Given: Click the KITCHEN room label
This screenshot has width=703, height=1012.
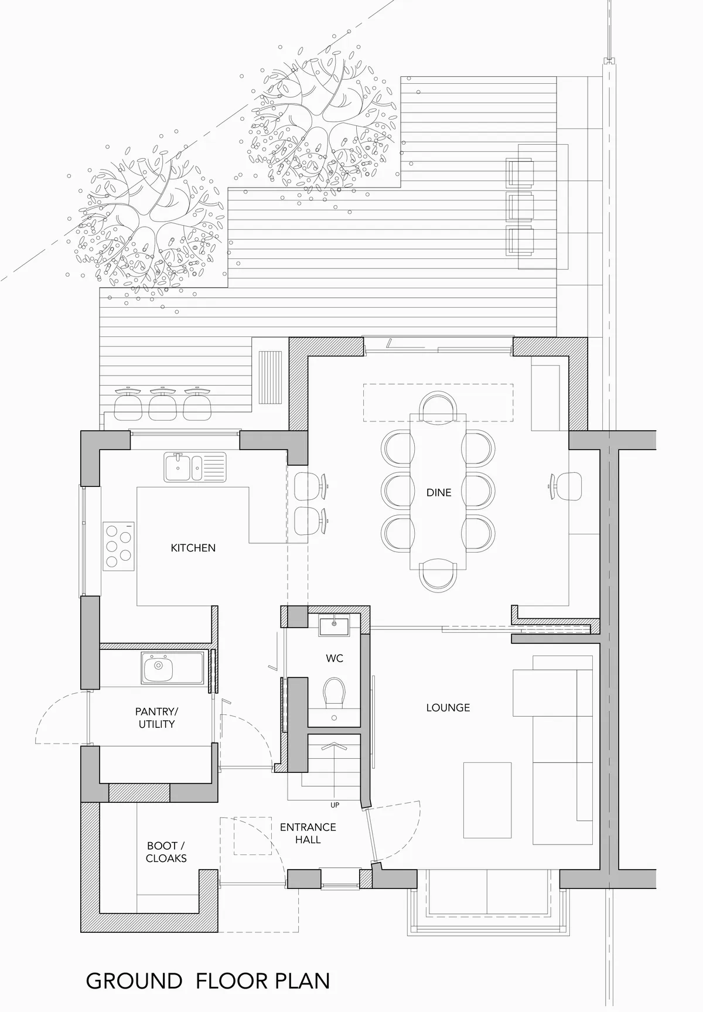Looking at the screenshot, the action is tap(193, 548).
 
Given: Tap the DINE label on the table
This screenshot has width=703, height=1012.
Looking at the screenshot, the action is tap(439, 492).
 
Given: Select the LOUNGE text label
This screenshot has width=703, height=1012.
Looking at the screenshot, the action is tap(448, 707).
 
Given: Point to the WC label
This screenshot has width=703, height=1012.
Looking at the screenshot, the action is tap(335, 658).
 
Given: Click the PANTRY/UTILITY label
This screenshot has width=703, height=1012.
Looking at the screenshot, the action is tap(156, 718).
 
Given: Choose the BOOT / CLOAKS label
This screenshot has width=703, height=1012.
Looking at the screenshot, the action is tap(166, 852).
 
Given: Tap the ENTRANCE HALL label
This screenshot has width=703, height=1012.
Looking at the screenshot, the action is tap(308, 833).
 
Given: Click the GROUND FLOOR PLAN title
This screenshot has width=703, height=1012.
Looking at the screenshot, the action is tap(208, 981).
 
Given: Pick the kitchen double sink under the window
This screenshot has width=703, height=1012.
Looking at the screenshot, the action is tap(194, 467).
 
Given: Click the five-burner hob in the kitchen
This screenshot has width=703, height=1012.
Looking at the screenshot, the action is tap(118, 546).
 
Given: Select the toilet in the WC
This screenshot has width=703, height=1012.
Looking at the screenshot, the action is tap(335, 693).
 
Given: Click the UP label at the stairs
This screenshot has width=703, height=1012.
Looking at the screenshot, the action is tap(335, 805).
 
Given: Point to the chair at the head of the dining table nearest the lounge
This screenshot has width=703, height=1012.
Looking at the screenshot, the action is tap(438, 573).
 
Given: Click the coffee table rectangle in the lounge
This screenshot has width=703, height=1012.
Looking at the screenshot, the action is tap(487, 800).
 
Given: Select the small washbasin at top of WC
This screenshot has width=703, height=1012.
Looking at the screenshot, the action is tap(335, 625).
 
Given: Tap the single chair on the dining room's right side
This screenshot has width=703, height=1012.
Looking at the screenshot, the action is tap(565, 486).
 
